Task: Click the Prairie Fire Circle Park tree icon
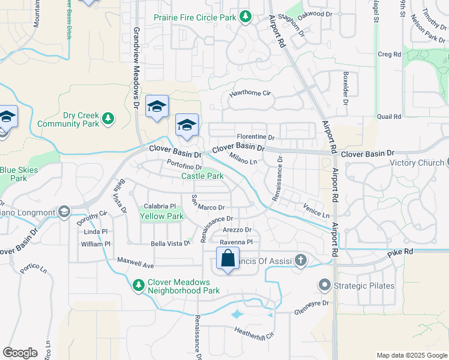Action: coord(246,17)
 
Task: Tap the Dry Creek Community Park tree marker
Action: coord(108,118)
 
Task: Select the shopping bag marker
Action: coord(228,259)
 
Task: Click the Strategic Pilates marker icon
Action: coord(325,286)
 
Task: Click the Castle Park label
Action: coord(202,176)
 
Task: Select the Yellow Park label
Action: coord(161,216)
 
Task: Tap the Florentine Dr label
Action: coord(255,137)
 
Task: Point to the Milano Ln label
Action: coord(244,158)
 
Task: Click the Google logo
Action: coord(20,352)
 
